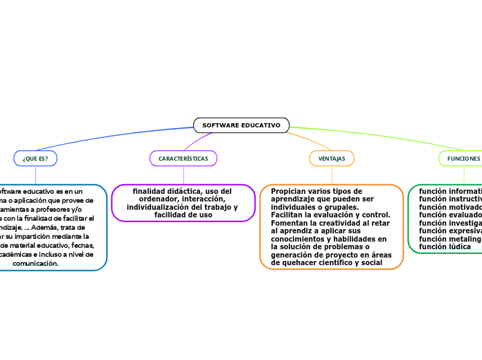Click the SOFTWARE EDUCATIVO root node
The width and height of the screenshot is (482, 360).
click(x=241, y=125)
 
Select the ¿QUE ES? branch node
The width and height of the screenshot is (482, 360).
click(x=35, y=159)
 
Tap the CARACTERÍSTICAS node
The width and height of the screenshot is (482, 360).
click(x=184, y=159)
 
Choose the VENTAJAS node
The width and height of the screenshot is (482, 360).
click(x=331, y=159)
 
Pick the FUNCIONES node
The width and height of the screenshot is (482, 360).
click(x=463, y=159)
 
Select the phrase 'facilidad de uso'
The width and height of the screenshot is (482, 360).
click(x=183, y=215)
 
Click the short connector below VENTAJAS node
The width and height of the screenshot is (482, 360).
click(x=331, y=174)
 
